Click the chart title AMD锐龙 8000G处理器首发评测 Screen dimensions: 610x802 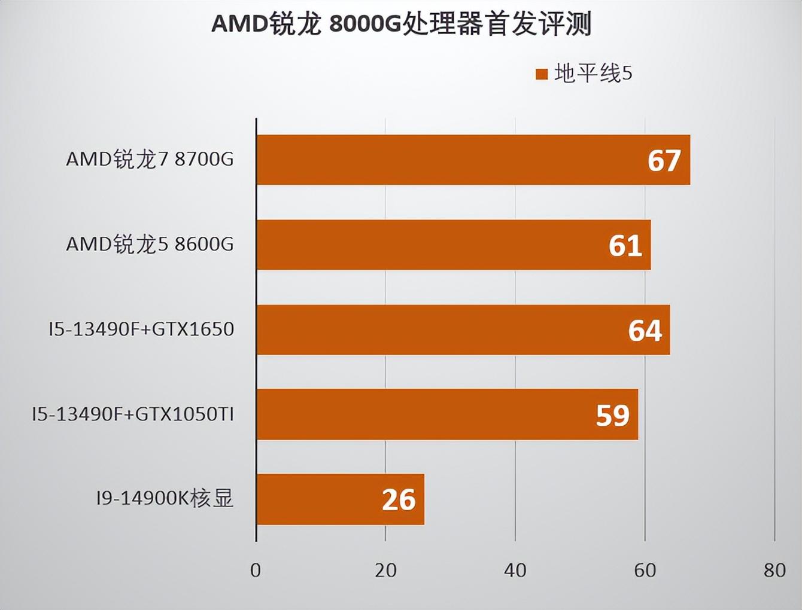[401, 24]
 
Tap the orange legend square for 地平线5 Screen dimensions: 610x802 [542, 74]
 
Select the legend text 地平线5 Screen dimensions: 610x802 [593, 74]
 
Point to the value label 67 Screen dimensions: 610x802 [664, 160]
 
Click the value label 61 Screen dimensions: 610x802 [625, 245]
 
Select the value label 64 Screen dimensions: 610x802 [645, 330]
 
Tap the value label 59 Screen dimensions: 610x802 [612, 415]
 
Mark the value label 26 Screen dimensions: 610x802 [399, 500]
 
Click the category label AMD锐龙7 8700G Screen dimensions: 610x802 [150, 159]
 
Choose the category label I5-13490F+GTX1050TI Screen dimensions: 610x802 [133, 414]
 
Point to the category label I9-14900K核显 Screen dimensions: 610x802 [165, 498]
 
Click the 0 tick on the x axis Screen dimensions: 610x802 [256, 571]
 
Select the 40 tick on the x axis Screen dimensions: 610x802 [515, 571]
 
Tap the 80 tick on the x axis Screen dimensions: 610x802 [774, 571]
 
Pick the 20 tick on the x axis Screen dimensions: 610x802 [385, 571]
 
